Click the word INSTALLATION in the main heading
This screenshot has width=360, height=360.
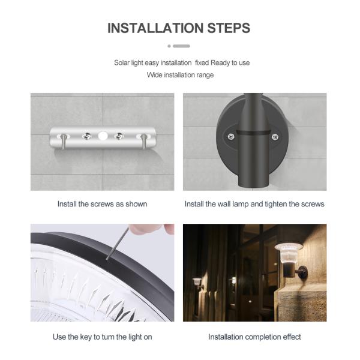point(155,28)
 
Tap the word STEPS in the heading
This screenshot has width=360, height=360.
point(229,28)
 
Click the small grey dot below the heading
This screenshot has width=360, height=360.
point(169,46)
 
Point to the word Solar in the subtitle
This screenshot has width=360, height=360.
point(122,62)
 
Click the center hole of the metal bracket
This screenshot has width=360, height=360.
point(103,136)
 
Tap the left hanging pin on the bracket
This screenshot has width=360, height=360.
point(64,141)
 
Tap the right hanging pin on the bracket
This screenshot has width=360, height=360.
point(144,141)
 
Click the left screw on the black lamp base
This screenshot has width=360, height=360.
point(231,137)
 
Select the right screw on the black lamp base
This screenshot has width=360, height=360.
point(275,137)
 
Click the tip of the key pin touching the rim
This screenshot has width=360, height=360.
point(107,259)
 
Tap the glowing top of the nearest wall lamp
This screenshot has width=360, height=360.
point(289,247)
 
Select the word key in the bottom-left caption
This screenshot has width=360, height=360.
point(86,337)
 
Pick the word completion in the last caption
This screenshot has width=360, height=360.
point(263,337)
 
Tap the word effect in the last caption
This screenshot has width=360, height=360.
point(292,337)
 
